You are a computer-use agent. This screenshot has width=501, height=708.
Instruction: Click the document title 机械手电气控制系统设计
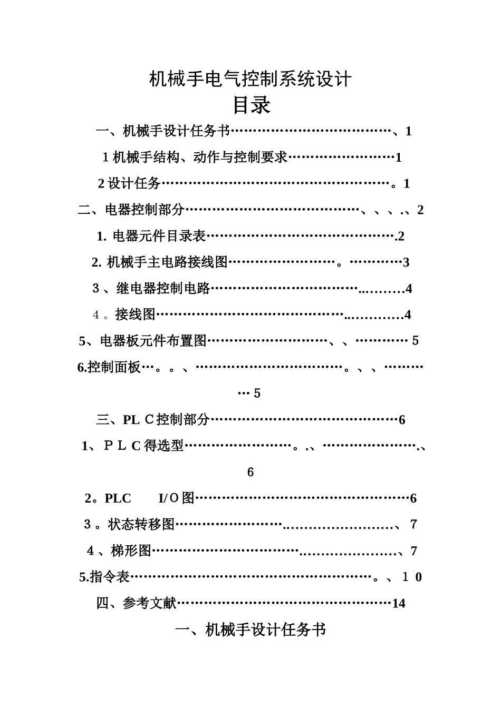[250, 79]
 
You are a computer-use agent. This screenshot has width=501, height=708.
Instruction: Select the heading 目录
[251, 105]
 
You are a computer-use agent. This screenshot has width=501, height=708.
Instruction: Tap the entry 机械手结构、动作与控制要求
[200, 157]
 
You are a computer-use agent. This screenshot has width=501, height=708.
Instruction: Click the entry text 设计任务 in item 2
[134, 183]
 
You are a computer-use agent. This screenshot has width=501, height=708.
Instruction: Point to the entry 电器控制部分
[144, 210]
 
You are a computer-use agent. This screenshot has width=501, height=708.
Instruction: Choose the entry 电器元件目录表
[159, 236]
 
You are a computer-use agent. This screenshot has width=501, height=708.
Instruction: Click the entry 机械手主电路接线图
[167, 262]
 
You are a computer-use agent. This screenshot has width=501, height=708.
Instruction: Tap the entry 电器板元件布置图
[153, 341]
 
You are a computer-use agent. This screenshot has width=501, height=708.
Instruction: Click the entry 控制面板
[114, 367]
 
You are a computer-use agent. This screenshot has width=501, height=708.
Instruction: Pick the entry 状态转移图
[141, 524]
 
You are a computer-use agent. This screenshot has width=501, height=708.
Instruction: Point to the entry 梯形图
[131, 550]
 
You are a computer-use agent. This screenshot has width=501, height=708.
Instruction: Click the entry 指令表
[110, 577]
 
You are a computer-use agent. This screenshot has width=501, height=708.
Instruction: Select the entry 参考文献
[150, 603]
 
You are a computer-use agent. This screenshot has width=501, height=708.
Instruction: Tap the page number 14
[399, 604]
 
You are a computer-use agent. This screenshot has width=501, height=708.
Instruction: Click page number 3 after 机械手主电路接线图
[406, 262]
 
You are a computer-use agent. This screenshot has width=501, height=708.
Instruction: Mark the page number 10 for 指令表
[412, 577]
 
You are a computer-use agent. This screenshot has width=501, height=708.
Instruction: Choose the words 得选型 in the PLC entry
[164, 446]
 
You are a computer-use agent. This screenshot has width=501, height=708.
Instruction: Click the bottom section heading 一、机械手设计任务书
[250, 630]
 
